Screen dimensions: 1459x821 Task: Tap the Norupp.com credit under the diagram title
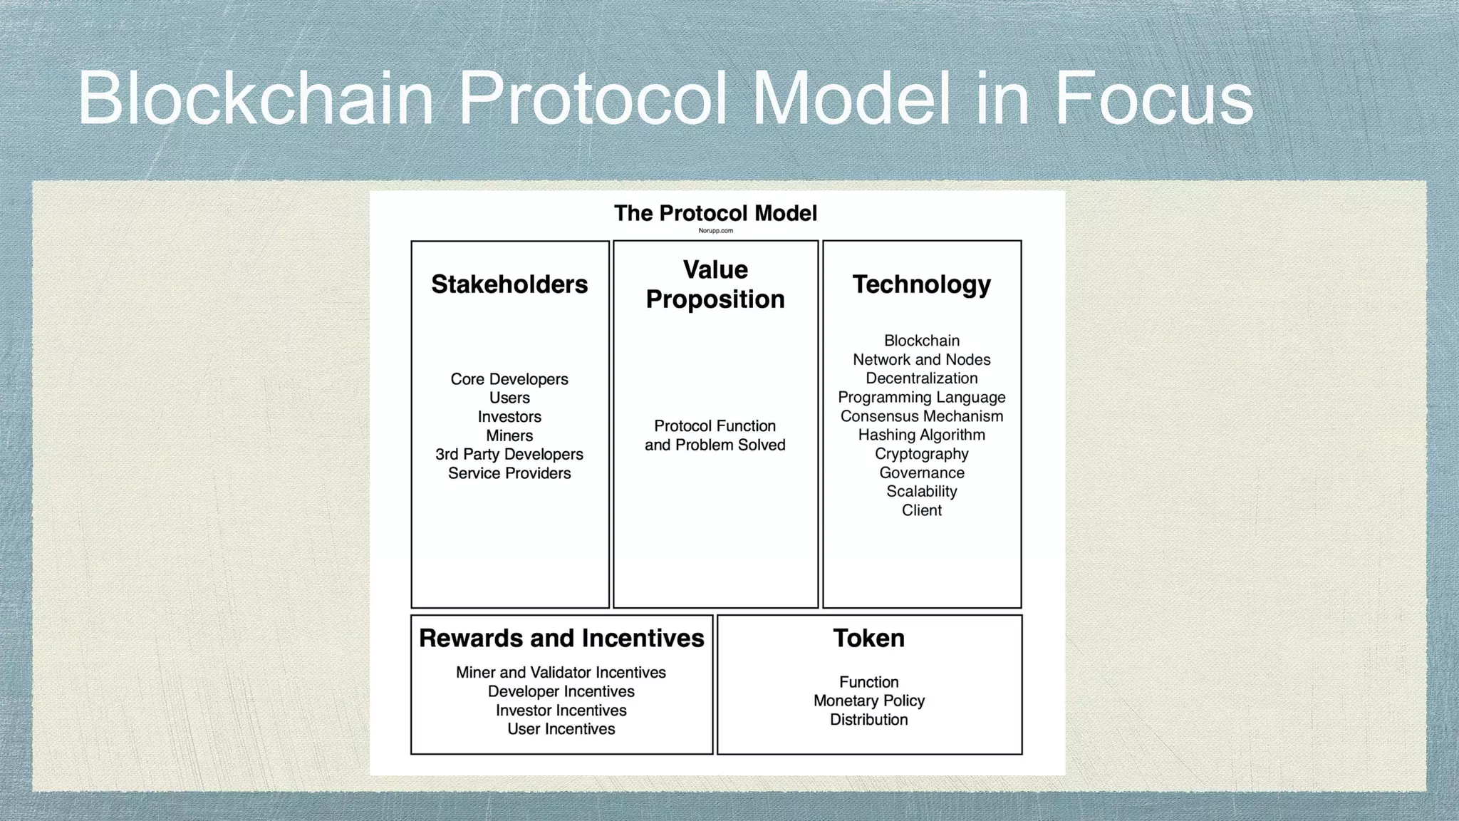[715, 231]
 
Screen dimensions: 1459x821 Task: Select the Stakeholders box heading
[509, 284]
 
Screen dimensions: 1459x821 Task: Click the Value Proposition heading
[715, 284]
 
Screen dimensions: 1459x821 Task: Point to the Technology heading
[921, 284]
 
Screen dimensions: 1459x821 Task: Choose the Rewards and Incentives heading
[561, 638]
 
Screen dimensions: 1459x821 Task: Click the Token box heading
[868, 638]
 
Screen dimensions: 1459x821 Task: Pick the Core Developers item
[509, 379]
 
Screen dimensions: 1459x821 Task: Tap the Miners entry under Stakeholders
[509, 435]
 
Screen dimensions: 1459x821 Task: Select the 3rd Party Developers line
[509, 455]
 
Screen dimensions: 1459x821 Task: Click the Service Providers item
[509, 473]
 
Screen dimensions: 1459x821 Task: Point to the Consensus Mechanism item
[921, 416]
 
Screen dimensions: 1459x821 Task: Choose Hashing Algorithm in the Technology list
[921, 435]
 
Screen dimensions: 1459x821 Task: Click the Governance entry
[921, 473]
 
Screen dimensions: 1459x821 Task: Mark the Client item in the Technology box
[921, 510]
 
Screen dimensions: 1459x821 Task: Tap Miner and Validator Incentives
[561, 673]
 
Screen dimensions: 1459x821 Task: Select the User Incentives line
[561, 729]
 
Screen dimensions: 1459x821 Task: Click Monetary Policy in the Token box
[868, 701]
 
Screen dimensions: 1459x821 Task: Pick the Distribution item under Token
[868, 720]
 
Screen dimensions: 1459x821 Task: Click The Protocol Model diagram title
[715, 213]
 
